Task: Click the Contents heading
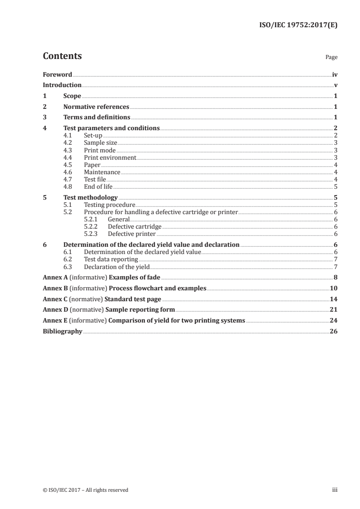coord(62,56)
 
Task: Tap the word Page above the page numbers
coord(331,58)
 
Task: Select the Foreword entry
coord(57,74)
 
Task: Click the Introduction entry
coord(62,85)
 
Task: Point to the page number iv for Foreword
coord(335,74)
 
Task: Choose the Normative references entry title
coord(96,107)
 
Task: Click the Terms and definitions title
coord(97,117)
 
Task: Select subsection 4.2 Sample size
coord(100,142)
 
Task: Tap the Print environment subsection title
coord(110,157)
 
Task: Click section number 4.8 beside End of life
coord(69,186)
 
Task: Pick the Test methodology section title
coord(90,197)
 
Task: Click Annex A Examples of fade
coord(102,277)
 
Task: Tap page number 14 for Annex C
coord(334,299)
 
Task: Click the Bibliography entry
coord(62,332)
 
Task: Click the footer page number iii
coord(335,490)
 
